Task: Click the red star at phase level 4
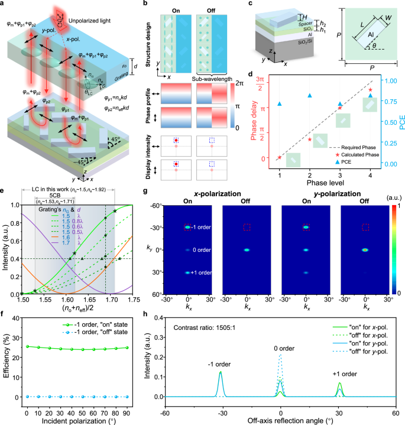click(370, 90)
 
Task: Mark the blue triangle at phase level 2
click(310, 95)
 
